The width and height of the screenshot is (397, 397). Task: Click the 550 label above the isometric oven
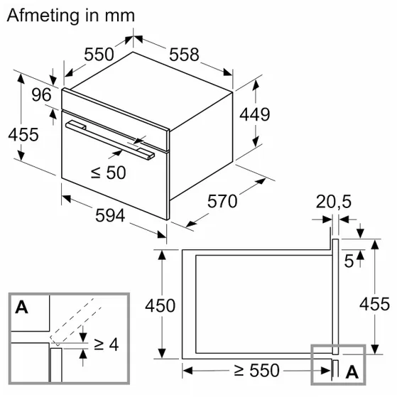click(x=100, y=54)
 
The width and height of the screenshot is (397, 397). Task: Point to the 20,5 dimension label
click(x=334, y=203)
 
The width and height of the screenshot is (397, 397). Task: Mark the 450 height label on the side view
click(x=160, y=305)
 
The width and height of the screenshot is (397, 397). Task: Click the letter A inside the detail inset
click(x=21, y=308)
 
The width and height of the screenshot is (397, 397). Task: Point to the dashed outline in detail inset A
click(x=78, y=320)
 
